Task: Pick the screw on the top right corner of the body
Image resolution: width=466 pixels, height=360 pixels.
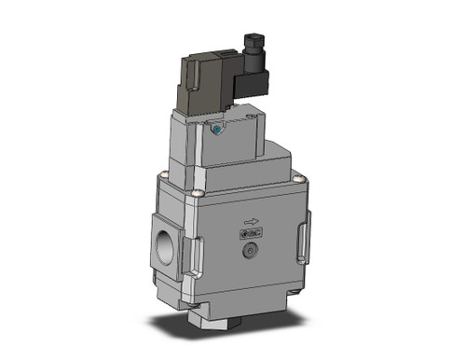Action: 298,180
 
